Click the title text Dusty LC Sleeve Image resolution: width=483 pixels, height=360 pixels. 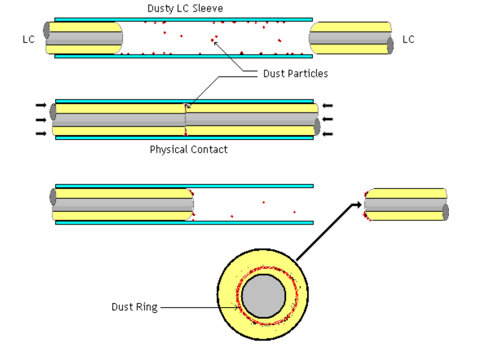185,9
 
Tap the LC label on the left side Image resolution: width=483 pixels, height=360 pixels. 29,39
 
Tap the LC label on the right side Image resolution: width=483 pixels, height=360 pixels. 408,39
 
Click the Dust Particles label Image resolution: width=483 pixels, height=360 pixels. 295,74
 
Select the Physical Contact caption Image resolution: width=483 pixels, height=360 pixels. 189,150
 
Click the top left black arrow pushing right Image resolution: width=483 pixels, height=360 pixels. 41,106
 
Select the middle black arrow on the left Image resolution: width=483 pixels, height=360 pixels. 41,120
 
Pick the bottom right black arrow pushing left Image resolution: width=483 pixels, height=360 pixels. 327,134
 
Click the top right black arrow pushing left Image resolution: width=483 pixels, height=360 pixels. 327,106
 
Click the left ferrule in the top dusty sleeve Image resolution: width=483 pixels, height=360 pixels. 84,38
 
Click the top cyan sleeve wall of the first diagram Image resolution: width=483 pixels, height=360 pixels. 183,19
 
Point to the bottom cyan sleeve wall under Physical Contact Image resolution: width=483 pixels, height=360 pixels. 184,138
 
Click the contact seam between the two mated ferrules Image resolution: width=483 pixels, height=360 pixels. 186,120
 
